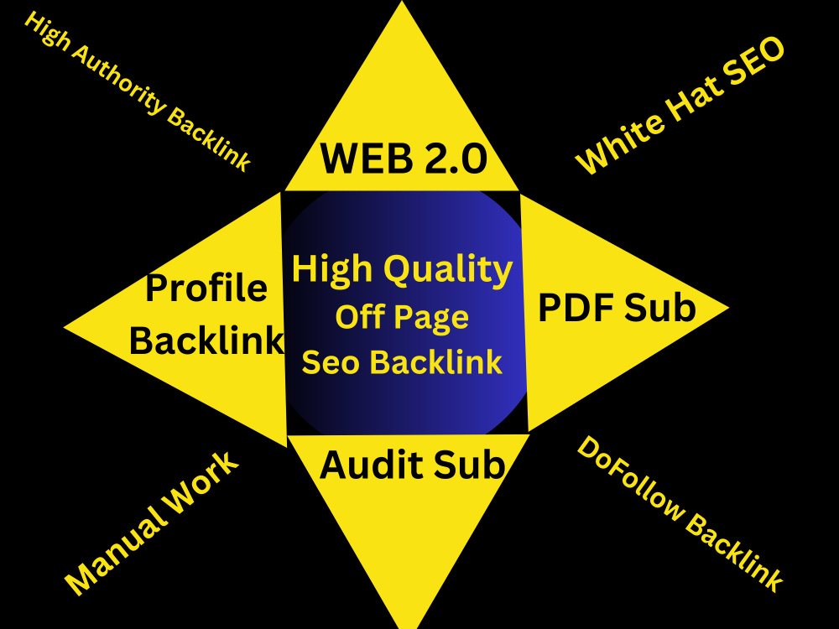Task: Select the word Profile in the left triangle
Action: pyautogui.click(x=206, y=289)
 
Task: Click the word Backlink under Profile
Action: pyautogui.click(x=206, y=340)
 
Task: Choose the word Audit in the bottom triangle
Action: pyautogui.click(x=373, y=465)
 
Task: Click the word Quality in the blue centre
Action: pyautogui.click(x=448, y=270)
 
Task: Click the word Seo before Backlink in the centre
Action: pyautogui.click(x=330, y=362)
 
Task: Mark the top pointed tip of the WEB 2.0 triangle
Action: pyautogui.click(x=402, y=2)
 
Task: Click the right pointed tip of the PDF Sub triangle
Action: pyautogui.click(x=728, y=308)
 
